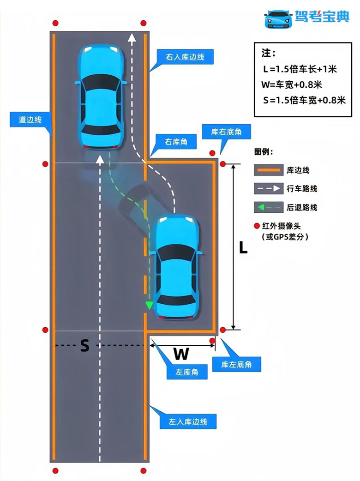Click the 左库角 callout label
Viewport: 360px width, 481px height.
point(187,373)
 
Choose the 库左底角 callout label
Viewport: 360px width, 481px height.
point(236,365)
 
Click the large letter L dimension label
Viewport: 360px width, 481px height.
point(243,247)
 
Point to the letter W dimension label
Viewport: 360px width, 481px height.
point(181,354)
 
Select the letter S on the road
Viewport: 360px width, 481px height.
point(84,346)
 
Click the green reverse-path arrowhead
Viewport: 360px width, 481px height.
point(149,305)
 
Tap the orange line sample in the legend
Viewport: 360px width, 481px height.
point(267,170)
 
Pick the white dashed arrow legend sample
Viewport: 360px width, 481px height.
point(267,188)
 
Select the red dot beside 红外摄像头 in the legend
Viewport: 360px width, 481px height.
point(257,226)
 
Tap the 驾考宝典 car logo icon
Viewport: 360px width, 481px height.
point(278,18)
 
